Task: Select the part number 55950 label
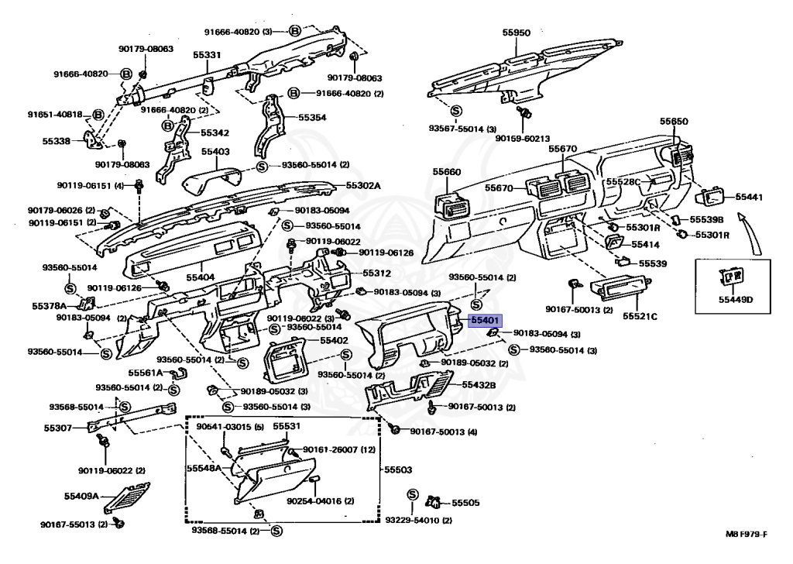(x=516, y=33)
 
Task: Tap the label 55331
(x=207, y=55)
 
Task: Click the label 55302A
(x=363, y=186)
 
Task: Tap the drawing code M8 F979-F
(x=747, y=534)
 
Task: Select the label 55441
(x=749, y=198)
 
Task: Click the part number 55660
(x=447, y=172)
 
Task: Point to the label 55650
(x=674, y=122)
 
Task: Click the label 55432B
(x=479, y=385)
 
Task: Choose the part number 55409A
(x=81, y=496)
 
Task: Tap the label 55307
(x=58, y=428)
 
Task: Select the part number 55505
(x=466, y=503)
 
